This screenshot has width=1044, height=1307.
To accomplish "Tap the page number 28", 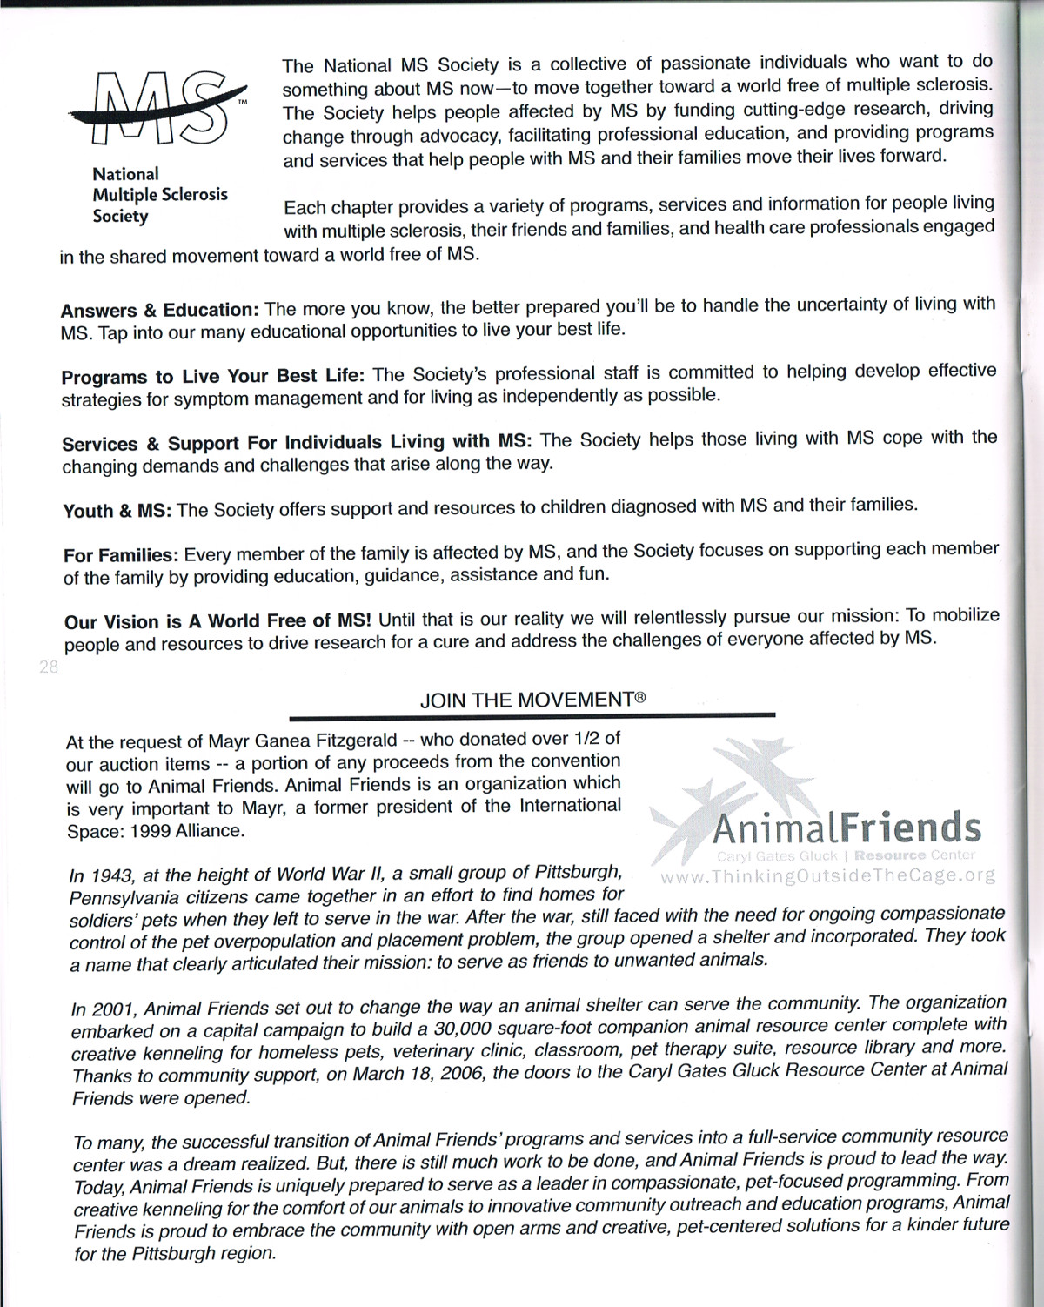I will click(x=48, y=667).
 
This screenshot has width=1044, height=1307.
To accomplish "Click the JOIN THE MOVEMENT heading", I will click(x=532, y=700).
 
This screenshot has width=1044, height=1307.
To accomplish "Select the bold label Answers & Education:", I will click(x=160, y=310).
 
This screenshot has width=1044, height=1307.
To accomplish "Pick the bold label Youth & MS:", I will click(x=117, y=511).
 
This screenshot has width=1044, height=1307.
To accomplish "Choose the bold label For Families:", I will click(x=121, y=554).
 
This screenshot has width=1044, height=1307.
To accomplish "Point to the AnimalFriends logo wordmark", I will click(x=847, y=828).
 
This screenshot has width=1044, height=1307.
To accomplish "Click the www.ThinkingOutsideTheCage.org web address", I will click(x=827, y=875).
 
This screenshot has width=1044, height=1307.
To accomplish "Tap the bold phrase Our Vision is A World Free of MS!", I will click(x=217, y=621).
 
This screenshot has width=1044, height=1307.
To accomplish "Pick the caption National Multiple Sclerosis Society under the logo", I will click(x=160, y=195).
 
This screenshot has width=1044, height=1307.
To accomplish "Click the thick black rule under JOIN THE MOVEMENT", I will click(x=532, y=716).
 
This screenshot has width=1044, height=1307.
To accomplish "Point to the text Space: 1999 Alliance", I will click(x=156, y=830).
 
